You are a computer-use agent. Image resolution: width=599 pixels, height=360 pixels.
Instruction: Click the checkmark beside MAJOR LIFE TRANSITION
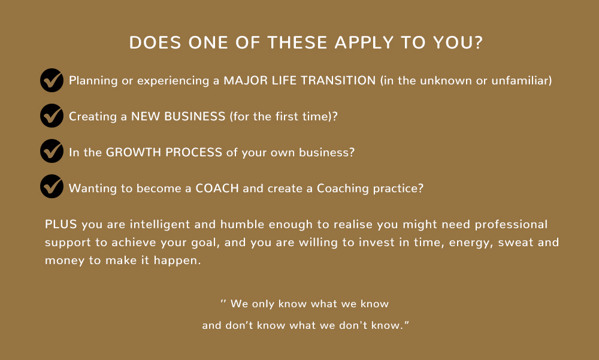[52, 80]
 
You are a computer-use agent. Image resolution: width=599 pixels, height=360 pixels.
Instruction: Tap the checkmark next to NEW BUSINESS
[52, 116]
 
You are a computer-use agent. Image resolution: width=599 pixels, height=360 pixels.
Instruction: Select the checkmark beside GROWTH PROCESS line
[52, 152]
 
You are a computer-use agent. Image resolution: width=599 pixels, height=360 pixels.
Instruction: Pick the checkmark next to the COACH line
[52, 187]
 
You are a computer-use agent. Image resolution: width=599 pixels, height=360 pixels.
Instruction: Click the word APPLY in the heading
[364, 43]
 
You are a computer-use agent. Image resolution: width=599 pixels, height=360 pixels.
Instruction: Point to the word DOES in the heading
[155, 43]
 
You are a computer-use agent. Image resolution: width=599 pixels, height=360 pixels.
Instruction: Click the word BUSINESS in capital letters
[195, 116]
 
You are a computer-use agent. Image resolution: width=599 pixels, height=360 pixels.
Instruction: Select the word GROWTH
[134, 152]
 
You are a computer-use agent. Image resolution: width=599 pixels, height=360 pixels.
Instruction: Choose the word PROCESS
[193, 152]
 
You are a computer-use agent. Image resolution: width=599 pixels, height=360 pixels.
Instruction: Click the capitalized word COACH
[217, 188]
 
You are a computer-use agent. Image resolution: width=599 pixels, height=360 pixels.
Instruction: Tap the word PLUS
[61, 224]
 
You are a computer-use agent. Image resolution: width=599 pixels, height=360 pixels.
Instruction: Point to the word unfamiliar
[521, 80]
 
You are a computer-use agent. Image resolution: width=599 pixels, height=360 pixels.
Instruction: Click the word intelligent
[160, 225]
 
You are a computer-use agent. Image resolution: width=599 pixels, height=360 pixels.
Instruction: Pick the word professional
[511, 225]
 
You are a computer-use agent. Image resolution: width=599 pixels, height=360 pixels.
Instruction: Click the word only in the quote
[263, 304]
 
